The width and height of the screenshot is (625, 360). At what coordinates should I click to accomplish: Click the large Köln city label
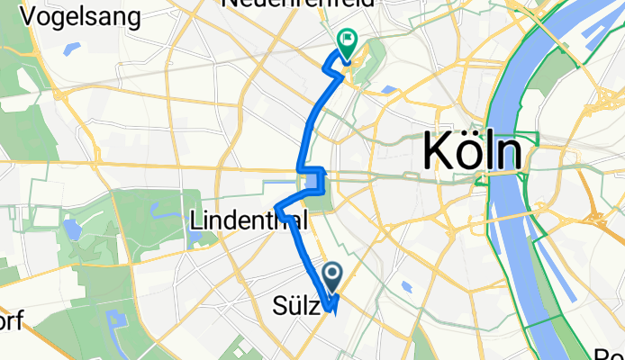coord(472,151)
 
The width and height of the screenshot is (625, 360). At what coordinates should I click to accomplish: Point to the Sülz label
coord(294,307)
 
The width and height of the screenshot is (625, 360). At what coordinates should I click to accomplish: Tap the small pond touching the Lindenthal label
coord(195,238)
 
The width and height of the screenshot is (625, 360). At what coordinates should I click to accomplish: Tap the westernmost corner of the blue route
coord(276,212)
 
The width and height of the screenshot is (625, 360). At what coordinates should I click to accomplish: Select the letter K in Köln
coord(439,151)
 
